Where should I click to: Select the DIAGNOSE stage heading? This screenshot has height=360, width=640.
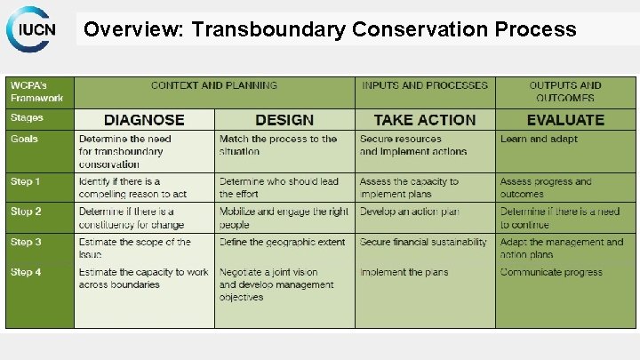tap(144, 120)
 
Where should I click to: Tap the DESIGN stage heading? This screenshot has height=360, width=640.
tap(284, 120)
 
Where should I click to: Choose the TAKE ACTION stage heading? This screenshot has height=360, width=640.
tap(424, 120)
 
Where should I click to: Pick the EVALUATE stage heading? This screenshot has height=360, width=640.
tap(565, 120)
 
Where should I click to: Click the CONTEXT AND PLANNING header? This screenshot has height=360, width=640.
tap(214, 86)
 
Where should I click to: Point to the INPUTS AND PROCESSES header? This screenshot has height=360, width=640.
tap(424, 86)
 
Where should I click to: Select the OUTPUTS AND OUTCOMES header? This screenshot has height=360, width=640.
tap(565, 92)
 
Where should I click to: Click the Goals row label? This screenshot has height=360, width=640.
tap(25, 139)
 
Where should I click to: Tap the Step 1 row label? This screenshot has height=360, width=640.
tap(26, 181)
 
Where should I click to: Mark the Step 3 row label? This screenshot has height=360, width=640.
tap(26, 242)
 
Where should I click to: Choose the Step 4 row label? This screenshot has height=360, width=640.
tap(26, 272)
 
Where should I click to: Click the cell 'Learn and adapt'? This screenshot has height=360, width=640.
tap(539, 139)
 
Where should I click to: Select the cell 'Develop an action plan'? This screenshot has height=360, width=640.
tap(409, 212)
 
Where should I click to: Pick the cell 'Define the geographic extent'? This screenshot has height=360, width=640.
tap(283, 242)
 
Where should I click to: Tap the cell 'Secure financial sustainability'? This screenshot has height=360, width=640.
tap(423, 242)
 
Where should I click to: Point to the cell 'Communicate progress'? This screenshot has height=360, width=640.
tap(551, 272)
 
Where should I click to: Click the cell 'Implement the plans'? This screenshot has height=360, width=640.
tap(404, 272)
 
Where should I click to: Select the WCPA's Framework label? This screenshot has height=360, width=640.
tap(36, 92)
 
